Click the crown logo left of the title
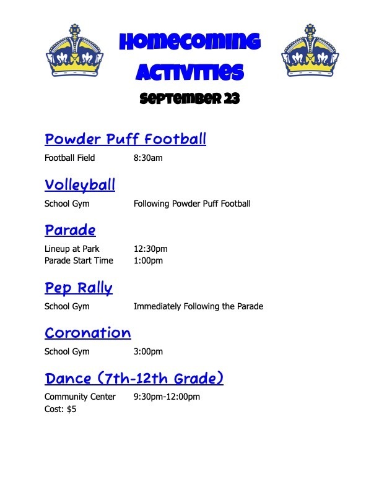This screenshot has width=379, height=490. point(74,50)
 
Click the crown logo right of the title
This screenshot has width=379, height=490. point(310,50)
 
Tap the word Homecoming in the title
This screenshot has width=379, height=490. point(190,42)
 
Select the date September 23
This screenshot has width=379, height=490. point(189,98)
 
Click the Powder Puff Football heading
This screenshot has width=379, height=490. point(125,139)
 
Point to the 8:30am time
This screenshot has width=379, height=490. point(148,158)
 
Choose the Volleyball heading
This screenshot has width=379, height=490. point(80,185)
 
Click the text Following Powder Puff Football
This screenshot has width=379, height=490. point(192,204)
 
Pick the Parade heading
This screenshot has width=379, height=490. point(70,230)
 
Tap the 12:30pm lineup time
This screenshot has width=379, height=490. point(150,249)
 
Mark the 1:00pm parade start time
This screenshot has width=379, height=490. point(148,260)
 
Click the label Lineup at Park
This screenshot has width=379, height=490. point(72,249)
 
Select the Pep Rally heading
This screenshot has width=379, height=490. point(79,288)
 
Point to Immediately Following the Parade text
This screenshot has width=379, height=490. point(199,306)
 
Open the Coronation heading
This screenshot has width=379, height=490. point(88,333)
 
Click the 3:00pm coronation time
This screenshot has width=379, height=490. point(148,351)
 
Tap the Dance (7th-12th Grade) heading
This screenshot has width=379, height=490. point(134,378)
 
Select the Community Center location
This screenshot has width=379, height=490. point(80,397)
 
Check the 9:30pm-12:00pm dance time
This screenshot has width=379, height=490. point(167,397)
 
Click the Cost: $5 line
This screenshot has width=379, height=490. point(60,409)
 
